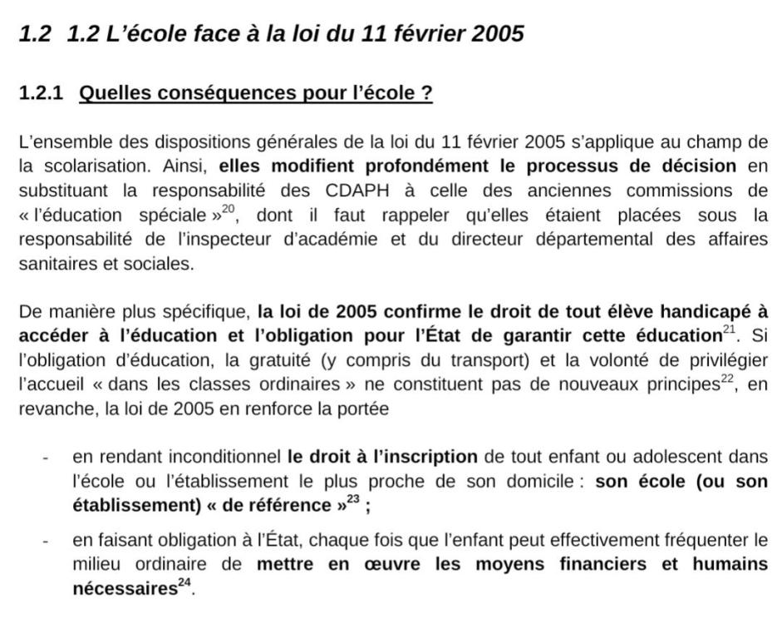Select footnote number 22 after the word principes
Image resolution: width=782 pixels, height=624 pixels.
pyautogui.click(x=728, y=380)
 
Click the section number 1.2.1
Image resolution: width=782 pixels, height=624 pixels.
pyautogui.click(x=41, y=93)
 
